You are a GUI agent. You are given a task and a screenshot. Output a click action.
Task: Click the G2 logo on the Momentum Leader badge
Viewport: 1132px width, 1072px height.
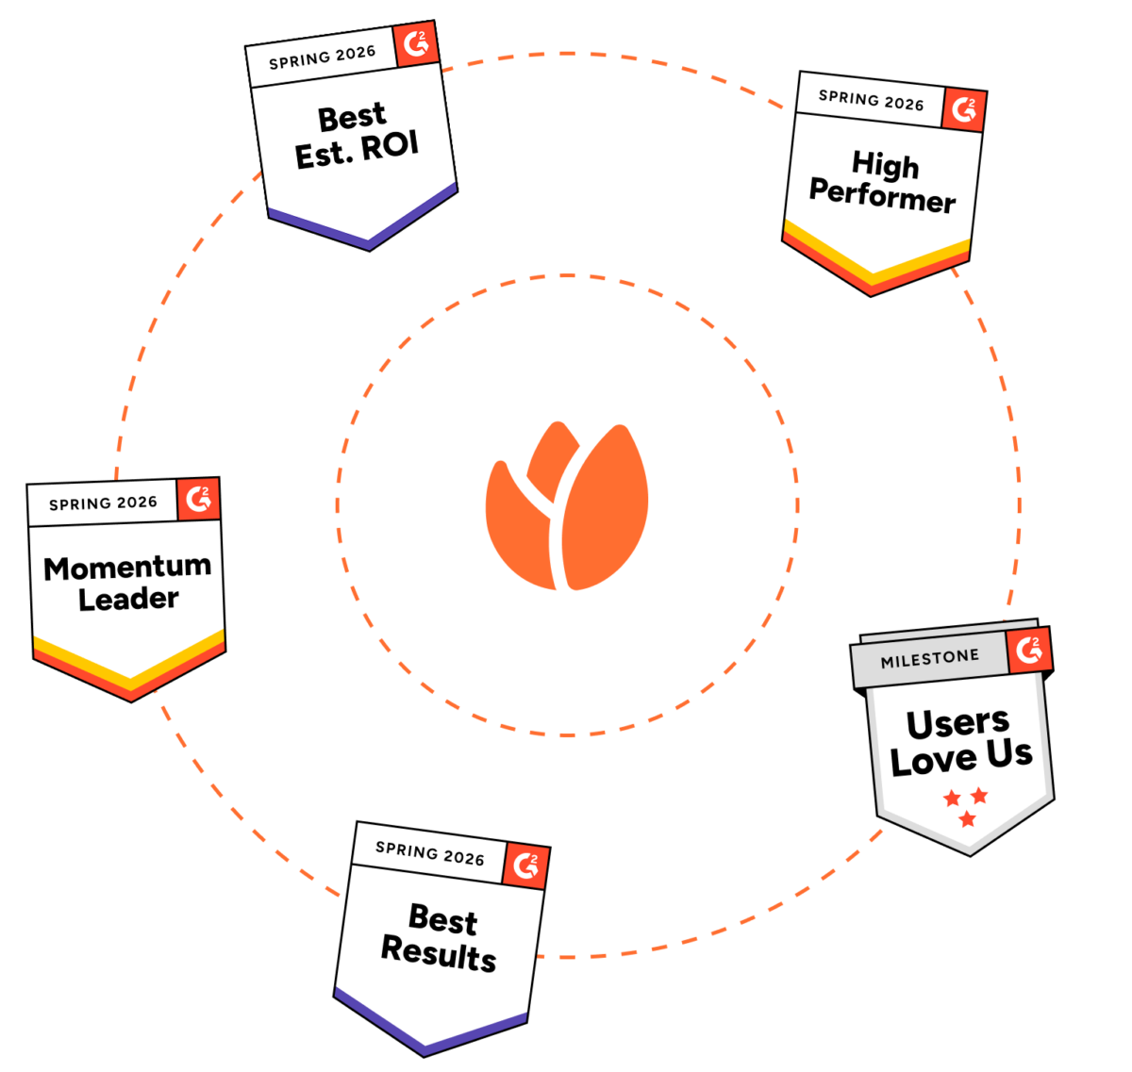click(x=198, y=499)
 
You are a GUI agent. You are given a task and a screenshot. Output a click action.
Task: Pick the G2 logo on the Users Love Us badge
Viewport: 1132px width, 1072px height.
click(x=1028, y=651)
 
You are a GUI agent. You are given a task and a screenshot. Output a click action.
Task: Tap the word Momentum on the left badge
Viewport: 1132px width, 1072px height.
click(x=127, y=568)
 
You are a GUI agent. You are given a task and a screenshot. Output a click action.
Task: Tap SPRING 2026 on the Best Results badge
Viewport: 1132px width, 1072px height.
click(x=429, y=854)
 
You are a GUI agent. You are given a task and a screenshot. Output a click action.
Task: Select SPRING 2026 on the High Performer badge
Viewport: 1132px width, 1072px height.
click(x=871, y=100)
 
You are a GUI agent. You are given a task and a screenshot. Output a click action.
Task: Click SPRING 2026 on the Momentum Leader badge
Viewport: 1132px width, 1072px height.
click(x=103, y=503)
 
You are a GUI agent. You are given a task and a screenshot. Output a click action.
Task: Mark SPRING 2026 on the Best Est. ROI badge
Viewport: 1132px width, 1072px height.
click(x=322, y=58)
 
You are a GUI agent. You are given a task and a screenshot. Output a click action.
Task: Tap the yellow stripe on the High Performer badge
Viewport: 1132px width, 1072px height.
click(x=877, y=258)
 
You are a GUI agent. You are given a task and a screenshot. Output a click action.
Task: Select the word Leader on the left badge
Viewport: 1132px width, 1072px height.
click(x=128, y=599)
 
